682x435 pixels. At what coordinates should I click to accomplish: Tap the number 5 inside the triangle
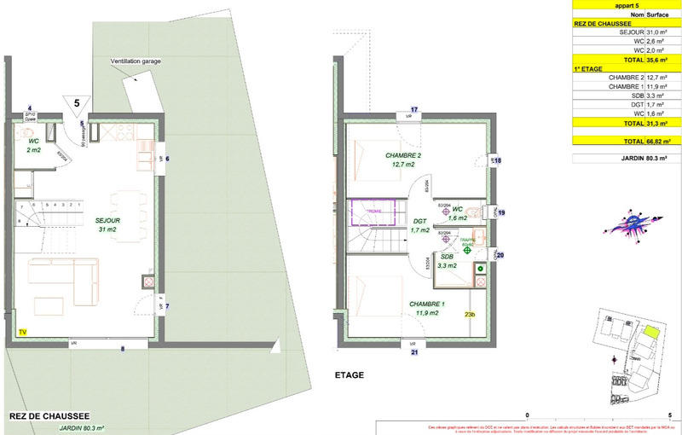pyautogui.click(x=78, y=102)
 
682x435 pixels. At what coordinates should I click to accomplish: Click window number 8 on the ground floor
pyautogui.click(x=122, y=348)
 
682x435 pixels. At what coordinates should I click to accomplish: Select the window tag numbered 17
pyautogui.click(x=414, y=110)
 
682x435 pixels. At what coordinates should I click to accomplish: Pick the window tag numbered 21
pyautogui.click(x=414, y=351)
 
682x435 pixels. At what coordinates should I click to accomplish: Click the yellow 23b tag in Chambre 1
pyautogui.click(x=469, y=316)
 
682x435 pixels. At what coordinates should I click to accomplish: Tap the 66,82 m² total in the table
pyautogui.click(x=656, y=140)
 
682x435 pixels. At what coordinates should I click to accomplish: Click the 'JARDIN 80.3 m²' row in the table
pyautogui.click(x=626, y=158)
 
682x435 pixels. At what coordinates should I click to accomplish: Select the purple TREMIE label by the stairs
pyautogui.click(x=375, y=210)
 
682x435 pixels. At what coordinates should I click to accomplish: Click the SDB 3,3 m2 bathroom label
pyautogui.click(x=448, y=260)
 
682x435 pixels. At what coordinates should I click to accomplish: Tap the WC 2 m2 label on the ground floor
pyautogui.click(x=34, y=145)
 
